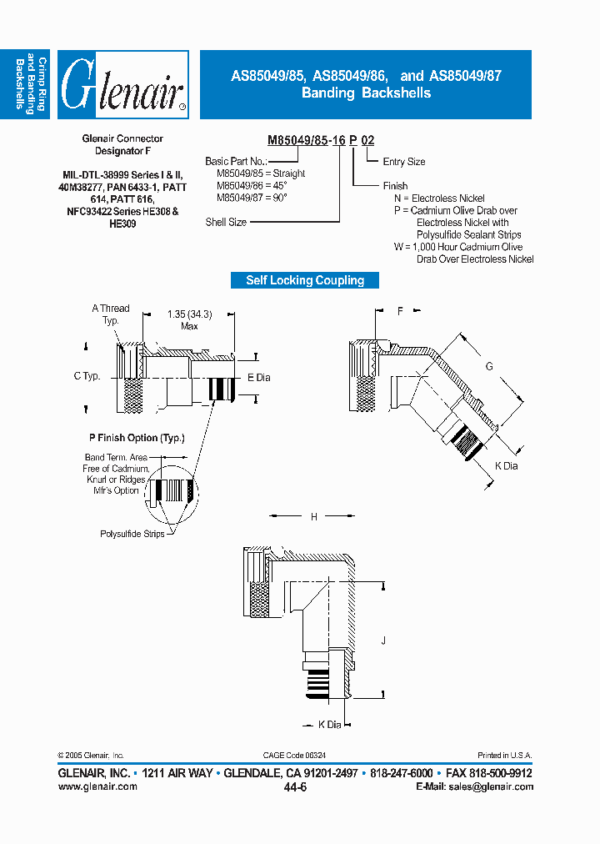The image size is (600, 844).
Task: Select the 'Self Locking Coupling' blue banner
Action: [305, 280]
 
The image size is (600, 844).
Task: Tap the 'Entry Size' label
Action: [404, 162]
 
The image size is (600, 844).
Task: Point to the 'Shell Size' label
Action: [226, 223]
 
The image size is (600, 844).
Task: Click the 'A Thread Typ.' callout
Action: [111, 314]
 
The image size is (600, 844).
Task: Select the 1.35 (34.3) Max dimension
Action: [189, 319]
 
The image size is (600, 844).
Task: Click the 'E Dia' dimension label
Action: [259, 377]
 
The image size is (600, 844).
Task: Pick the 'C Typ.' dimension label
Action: [87, 376]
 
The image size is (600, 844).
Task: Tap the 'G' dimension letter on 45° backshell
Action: [489, 366]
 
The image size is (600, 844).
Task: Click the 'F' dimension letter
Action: [400, 311]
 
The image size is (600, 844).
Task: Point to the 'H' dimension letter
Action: [314, 517]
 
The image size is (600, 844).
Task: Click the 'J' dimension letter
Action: [382, 641]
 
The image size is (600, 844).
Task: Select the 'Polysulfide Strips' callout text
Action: [132, 533]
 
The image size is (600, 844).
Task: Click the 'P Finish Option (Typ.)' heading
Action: [137, 438]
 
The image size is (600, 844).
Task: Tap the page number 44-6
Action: [296, 786]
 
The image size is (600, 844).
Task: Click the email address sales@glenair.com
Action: [488, 786]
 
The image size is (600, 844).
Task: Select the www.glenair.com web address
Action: [97, 786]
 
